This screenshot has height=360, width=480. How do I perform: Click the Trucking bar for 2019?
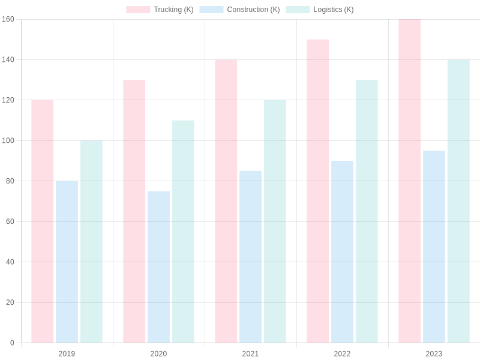point(43,221)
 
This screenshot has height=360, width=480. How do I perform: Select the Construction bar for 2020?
point(158,267)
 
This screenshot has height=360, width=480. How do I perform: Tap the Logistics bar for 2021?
point(275,221)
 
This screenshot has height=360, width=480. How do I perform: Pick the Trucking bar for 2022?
point(318,191)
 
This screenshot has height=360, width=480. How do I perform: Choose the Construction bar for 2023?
point(434,247)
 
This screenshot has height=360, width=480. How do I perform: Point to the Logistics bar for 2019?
point(91,242)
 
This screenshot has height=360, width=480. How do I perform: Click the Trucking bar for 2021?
point(226,201)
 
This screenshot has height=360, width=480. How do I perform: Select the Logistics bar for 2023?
point(458,201)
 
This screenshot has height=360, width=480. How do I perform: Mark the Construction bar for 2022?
point(342,252)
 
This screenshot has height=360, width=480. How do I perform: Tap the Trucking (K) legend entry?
point(160,10)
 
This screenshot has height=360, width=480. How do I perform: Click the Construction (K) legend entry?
point(240,10)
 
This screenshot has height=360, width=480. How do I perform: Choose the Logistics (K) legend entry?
point(320,10)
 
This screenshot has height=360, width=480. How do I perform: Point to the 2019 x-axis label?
point(67,353)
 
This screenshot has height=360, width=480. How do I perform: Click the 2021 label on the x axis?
point(250,353)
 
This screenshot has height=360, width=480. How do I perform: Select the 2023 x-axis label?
point(434,353)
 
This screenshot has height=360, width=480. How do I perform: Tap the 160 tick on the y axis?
point(8,19)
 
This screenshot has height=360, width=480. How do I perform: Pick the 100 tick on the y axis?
point(8,140)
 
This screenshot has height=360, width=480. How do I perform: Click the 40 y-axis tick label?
point(10,262)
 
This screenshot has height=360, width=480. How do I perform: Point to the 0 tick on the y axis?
point(12,343)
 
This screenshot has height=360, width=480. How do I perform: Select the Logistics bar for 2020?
point(183,232)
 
